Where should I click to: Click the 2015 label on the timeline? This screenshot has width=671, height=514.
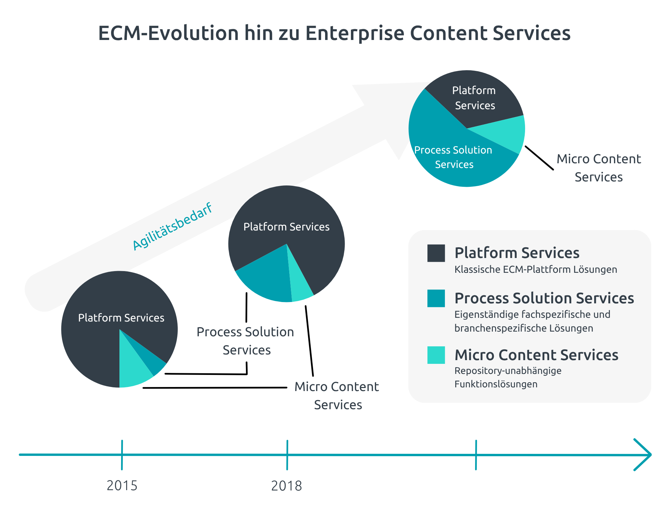122,485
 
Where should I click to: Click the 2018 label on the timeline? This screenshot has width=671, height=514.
287,486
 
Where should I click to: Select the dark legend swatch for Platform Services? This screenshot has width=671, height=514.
436,253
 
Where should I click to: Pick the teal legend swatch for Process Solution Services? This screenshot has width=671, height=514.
436,298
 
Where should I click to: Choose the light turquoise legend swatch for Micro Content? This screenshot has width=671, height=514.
436,355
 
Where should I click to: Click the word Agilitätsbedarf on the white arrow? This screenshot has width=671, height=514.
172,226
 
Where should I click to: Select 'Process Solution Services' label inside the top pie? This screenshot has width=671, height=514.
453,157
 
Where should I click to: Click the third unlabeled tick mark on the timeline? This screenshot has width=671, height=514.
476,455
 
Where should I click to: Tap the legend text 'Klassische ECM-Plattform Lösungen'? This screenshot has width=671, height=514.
535,269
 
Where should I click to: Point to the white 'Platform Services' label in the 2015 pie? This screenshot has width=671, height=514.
121,318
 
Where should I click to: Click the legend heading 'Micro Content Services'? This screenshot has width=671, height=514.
536,355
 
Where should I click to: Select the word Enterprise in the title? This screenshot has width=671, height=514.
355,33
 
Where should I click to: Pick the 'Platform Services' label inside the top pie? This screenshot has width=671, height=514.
474,98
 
